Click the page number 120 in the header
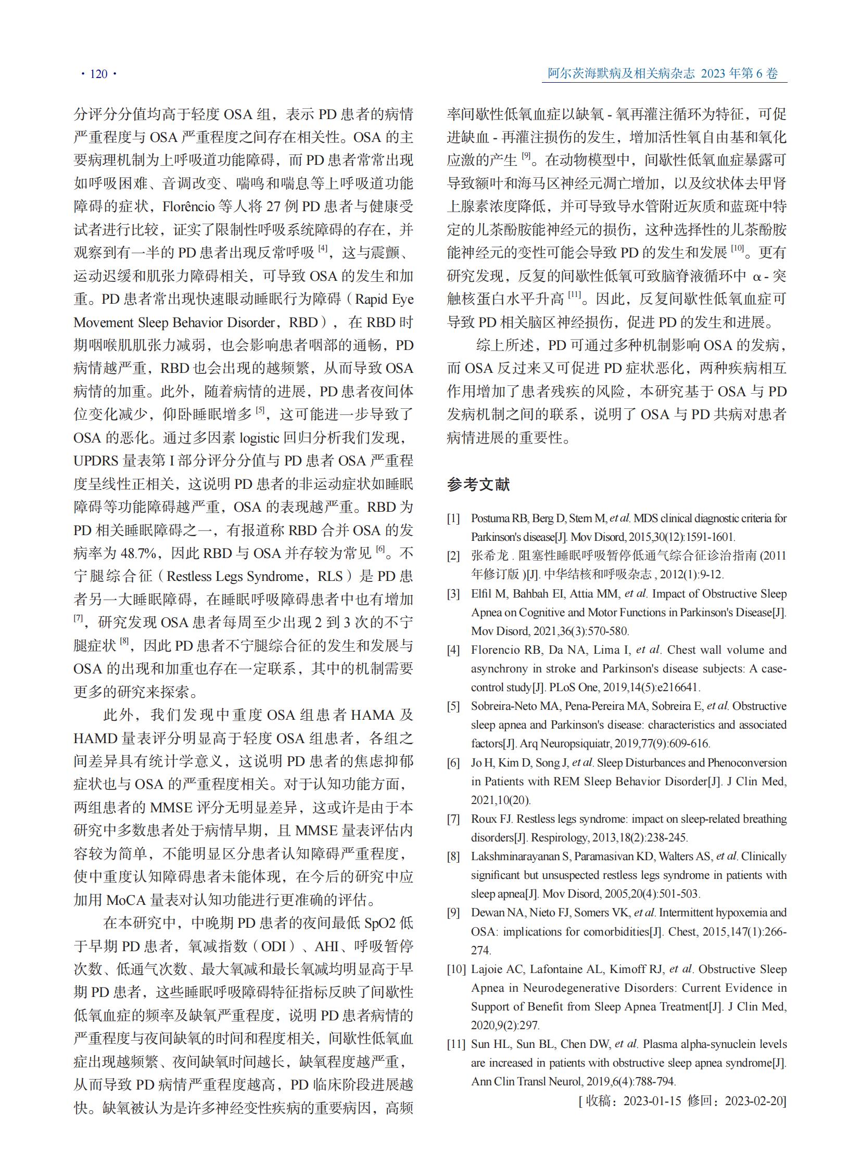pyautogui.click(x=98, y=74)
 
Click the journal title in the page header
pyautogui.click(x=620, y=73)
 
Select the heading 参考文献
pyautogui.click(x=478, y=485)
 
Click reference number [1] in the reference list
pyautogui.click(x=453, y=518)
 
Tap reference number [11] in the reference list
pyautogui.click(x=455, y=1044)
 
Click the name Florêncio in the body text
pyautogui.click(x=188, y=207)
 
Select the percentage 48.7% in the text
pyautogui.click(x=141, y=553)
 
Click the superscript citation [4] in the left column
pyautogui.click(x=323, y=249)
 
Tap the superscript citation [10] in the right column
pyautogui.click(x=737, y=249)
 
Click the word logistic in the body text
pyautogui.click(x=259, y=437)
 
